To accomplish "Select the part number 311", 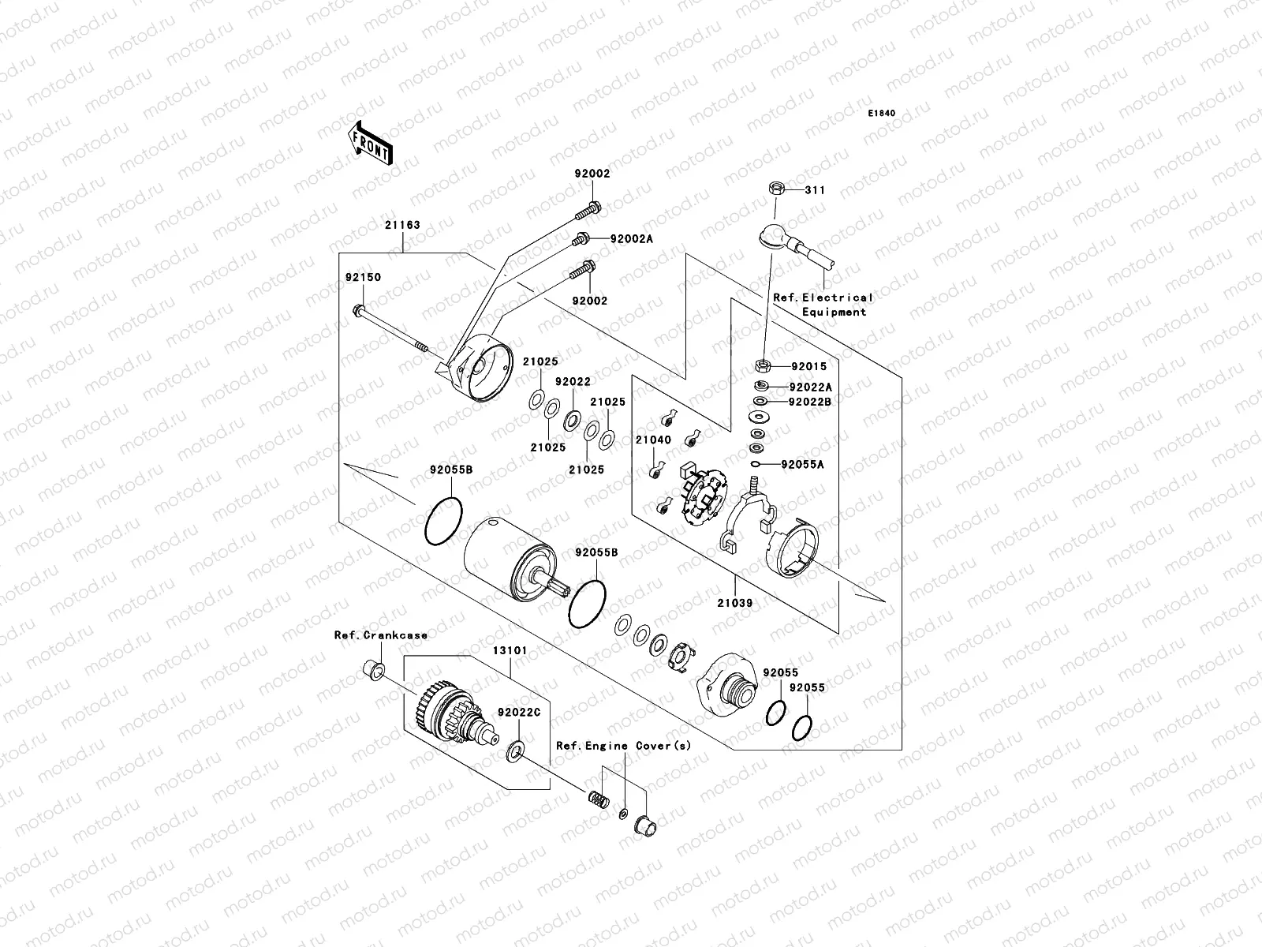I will [815, 190].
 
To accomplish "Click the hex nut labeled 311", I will [775, 189].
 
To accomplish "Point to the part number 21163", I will [402, 225].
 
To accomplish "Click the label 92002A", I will [631, 238].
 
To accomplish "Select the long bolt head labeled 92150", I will [359, 309].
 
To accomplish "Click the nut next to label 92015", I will [763, 365].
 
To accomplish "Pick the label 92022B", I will [810, 402].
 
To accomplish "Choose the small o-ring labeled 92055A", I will [756, 465].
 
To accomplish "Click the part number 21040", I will [653, 440].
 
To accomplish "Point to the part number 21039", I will [734, 603].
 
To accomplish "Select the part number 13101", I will [510, 651].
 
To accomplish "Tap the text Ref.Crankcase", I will [381, 634].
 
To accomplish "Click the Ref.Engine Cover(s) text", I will [623, 745].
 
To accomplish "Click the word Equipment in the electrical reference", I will [834, 312].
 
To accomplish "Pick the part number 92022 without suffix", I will [573, 381].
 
